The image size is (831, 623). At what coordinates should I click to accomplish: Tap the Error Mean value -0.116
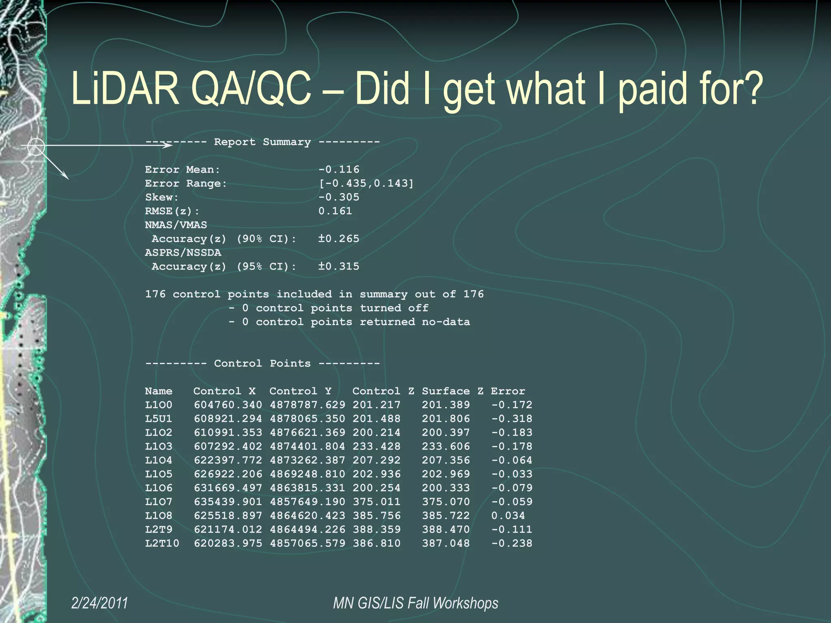[339, 169]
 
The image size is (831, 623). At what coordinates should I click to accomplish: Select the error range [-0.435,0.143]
[366, 183]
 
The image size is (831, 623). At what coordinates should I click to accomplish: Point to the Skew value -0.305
[339, 197]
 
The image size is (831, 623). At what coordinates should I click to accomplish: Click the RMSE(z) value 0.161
[335, 211]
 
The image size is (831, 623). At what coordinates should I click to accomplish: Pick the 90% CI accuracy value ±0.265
[339, 238]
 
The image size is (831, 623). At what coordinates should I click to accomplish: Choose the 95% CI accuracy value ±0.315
[339, 266]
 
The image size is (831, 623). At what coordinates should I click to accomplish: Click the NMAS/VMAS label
[176, 225]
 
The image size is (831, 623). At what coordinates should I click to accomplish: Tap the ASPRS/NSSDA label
[183, 253]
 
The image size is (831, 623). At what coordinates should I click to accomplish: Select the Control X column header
[224, 391]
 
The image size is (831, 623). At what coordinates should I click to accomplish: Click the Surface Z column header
[452, 391]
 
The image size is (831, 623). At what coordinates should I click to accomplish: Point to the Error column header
[508, 391]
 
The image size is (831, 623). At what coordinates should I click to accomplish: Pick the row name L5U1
[159, 419]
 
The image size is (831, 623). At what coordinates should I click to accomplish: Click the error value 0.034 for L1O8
[508, 516]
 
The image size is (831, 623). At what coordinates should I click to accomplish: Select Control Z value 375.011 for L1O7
[377, 502]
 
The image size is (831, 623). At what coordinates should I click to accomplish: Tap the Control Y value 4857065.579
[308, 543]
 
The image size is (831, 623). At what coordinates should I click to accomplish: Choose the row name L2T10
[162, 543]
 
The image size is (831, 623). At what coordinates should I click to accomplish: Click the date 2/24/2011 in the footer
[99, 603]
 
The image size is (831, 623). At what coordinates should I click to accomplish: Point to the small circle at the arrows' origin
[36, 146]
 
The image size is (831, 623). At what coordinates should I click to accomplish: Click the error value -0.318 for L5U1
[512, 419]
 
